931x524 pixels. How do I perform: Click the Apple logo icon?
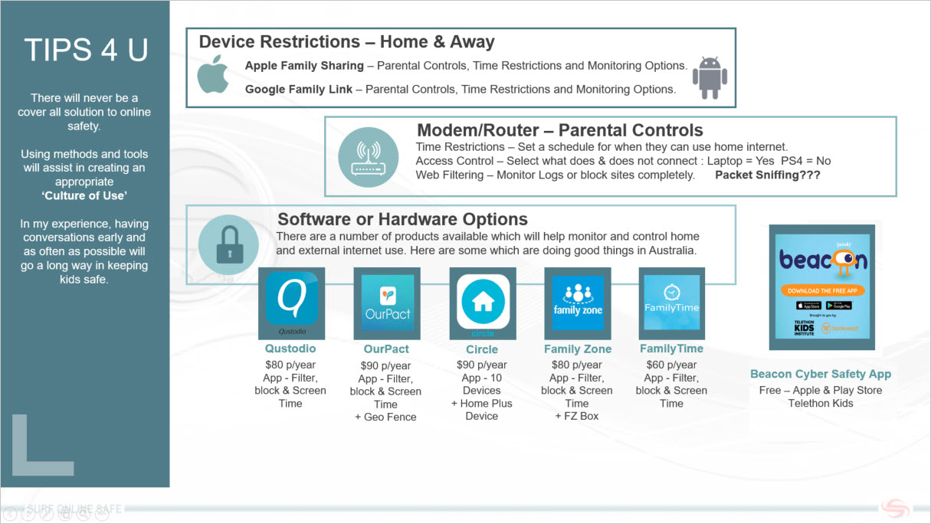click(213, 74)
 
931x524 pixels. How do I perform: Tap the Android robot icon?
click(710, 77)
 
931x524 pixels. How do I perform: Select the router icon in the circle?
click(369, 157)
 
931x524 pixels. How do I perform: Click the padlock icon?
click(228, 245)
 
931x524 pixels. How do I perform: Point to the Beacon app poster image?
click(821, 287)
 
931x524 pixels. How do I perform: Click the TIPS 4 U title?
click(85, 50)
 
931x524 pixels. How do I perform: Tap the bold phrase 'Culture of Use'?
click(84, 196)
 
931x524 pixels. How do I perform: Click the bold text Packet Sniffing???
click(767, 175)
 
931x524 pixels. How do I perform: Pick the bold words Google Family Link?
click(299, 89)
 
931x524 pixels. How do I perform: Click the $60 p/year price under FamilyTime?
click(671, 365)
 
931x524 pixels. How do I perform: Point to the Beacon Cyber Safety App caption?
click(821, 374)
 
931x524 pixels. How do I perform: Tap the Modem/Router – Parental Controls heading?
click(559, 130)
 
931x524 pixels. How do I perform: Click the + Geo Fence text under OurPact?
click(386, 417)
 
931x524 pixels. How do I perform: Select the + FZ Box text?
click(577, 416)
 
